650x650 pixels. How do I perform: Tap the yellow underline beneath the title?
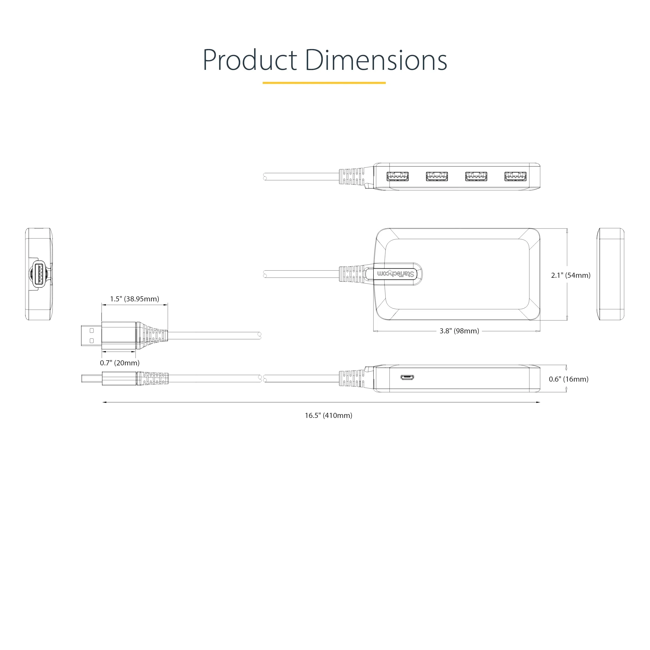point(324,83)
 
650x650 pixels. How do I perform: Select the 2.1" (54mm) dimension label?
point(571,275)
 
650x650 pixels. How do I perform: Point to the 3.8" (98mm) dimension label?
point(459,331)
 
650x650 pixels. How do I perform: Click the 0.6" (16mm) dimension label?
point(568,379)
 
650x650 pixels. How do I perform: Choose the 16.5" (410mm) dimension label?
point(328,415)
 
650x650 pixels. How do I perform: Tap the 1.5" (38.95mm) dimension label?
point(135,299)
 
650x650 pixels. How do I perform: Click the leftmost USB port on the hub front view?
point(398,176)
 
